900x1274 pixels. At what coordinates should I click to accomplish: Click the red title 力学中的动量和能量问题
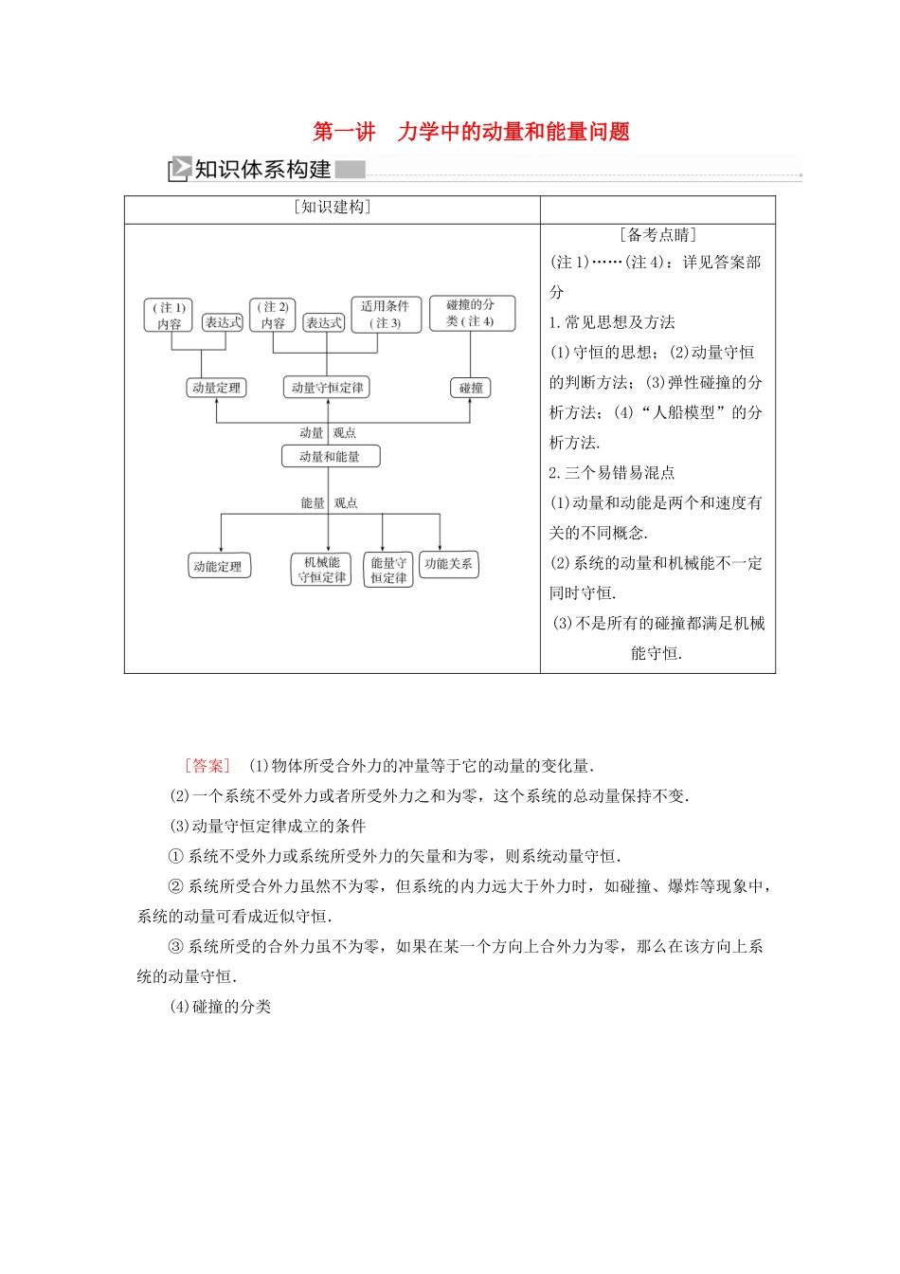point(513,132)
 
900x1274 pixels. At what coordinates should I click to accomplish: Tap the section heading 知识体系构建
point(262,170)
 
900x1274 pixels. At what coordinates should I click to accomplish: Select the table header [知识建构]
point(332,208)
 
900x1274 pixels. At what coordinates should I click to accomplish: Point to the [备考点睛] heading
point(657,235)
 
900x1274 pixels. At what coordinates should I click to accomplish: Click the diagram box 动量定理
point(216,388)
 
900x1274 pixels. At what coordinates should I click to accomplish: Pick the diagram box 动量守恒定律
point(327,388)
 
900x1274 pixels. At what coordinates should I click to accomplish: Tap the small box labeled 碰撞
point(471,388)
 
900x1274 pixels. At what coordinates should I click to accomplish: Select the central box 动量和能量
point(330,457)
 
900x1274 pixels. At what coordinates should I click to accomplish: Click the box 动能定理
point(218,567)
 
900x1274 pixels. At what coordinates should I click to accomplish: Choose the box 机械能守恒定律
point(322,570)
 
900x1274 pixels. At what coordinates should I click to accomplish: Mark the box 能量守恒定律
point(388,570)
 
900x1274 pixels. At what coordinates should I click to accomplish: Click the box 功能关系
point(448,564)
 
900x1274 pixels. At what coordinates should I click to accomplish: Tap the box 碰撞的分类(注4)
point(471,313)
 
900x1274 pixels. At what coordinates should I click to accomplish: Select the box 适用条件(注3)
point(385,315)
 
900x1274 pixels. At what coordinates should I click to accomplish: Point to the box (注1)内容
point(170,316)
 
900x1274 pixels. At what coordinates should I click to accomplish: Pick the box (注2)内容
point(273,316)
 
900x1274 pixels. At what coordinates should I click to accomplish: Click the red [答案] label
point(207,766)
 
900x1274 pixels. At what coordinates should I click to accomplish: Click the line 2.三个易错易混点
point(612,473)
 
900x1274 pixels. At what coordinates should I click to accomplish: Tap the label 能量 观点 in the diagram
point(329,503)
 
